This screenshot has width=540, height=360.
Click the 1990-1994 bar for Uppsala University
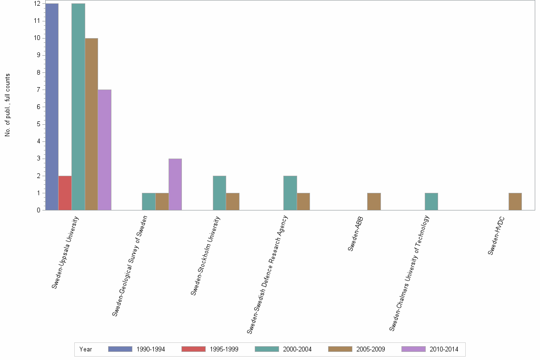click(x=52, y=107)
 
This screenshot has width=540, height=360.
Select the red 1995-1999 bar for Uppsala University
click(x=65, y=193)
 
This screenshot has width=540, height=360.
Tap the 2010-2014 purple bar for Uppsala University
click(x=104, y=150)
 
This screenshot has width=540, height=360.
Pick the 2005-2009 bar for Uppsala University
click(x=91, y=124)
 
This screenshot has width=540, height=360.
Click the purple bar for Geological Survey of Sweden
click(x=175, y=184)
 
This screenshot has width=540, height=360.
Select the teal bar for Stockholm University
click(x=220, y=193)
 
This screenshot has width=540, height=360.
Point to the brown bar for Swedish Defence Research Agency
click(x=303, y=201)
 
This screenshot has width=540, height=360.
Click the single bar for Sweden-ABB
click(x=374, y=201)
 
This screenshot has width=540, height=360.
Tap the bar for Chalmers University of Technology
click(x=431, y=201)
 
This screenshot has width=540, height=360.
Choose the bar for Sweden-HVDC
click(x=515, y=201)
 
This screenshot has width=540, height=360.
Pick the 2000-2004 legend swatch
click(x=270, y=350)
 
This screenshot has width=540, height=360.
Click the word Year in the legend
click(x=86, y=350)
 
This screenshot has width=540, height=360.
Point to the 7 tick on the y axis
click(x=37, y=90)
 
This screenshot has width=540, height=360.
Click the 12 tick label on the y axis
click(x=36, y=4)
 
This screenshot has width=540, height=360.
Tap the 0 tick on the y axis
click(x=37, y=210)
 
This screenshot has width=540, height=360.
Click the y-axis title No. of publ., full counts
click(x=8, y=105)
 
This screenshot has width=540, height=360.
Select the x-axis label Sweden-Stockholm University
click(x=206, y=255)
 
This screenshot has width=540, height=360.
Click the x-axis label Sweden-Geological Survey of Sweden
click(x=130, y=265)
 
